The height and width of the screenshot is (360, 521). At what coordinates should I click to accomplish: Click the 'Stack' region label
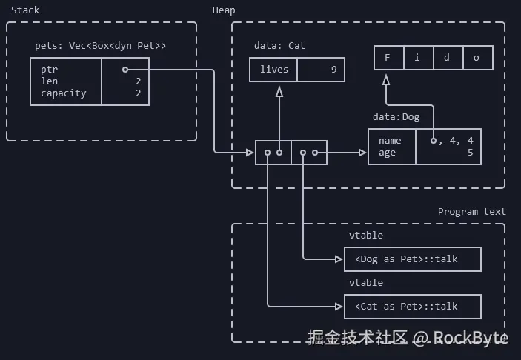[x=25, y=10]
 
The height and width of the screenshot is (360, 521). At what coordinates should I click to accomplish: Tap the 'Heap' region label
[x=225, y=10]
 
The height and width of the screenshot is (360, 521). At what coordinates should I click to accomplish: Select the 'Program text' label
[x=471, y=211]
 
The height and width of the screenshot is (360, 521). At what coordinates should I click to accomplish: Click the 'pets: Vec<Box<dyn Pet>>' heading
[x=100, y=46]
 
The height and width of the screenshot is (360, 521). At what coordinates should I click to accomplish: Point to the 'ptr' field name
[x=50, y=70]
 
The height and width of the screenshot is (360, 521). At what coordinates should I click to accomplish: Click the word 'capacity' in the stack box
[x=64, y=93]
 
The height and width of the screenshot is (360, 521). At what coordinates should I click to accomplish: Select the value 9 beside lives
[x=333, y=70]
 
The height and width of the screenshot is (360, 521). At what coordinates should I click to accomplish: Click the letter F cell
[x=387, y=58]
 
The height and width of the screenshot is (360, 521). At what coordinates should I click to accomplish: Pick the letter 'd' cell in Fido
[x=447, y=58]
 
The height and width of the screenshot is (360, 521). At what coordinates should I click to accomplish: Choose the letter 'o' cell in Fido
[x=477, y=58]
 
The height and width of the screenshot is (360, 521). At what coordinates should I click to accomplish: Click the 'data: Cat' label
[x=279, y=46]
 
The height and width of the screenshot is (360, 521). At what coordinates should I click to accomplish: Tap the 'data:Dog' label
[x=396, y=117]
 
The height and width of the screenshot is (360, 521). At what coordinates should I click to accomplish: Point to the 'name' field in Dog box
[x=390, y=141]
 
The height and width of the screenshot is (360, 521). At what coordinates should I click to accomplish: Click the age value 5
[x=470, y=153]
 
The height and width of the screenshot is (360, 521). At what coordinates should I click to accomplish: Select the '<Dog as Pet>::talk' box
[x=413, y=259]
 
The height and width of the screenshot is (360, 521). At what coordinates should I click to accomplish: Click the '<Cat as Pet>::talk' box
[x=413, y=307]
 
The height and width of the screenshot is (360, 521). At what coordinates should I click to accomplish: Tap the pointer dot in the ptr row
[x=125, y=70]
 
